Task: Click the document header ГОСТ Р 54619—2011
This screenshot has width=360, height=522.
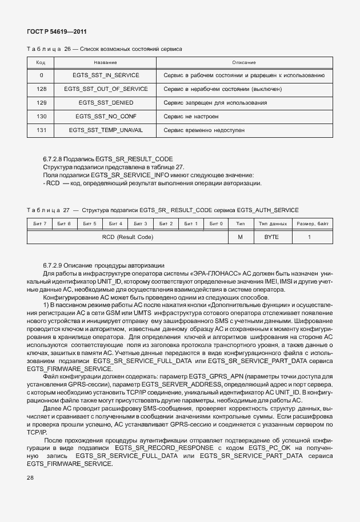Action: pyautogui.click(x=57, y=31)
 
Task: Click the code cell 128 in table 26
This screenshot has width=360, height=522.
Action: pyautogui.click(x=41, y=89)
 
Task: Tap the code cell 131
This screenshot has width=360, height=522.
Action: pyautogui.click(x=41, y=130)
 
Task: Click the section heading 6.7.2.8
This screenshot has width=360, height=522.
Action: pyautogui.click(x=108, y=158)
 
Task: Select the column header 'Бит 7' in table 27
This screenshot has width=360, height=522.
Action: pyautogui.click(x=40, y=223)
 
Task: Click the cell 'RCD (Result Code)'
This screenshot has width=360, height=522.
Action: pyautogui.click(x=127, y=237)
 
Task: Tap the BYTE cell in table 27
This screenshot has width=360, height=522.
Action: pyautogui.click(x=271, y=237)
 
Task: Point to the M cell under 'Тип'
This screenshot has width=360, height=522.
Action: pyautogui.click(x=241, y=237)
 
